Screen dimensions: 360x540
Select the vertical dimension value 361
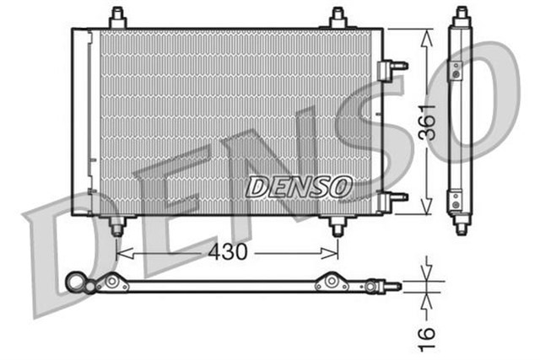point(429,122)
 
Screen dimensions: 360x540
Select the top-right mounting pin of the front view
point(338,17)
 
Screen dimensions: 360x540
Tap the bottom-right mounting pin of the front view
point(338,226)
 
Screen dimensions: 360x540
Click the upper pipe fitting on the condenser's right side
point(393,67)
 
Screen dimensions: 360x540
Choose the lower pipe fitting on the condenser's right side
point(393,198)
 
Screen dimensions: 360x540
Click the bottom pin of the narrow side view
point(461,226)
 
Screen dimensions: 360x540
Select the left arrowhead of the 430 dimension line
point(119,252)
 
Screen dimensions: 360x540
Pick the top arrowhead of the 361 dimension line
point(429,34)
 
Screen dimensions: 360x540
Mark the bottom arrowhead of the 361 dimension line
point(429,210)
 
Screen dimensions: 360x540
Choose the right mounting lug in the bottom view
point(331,284)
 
